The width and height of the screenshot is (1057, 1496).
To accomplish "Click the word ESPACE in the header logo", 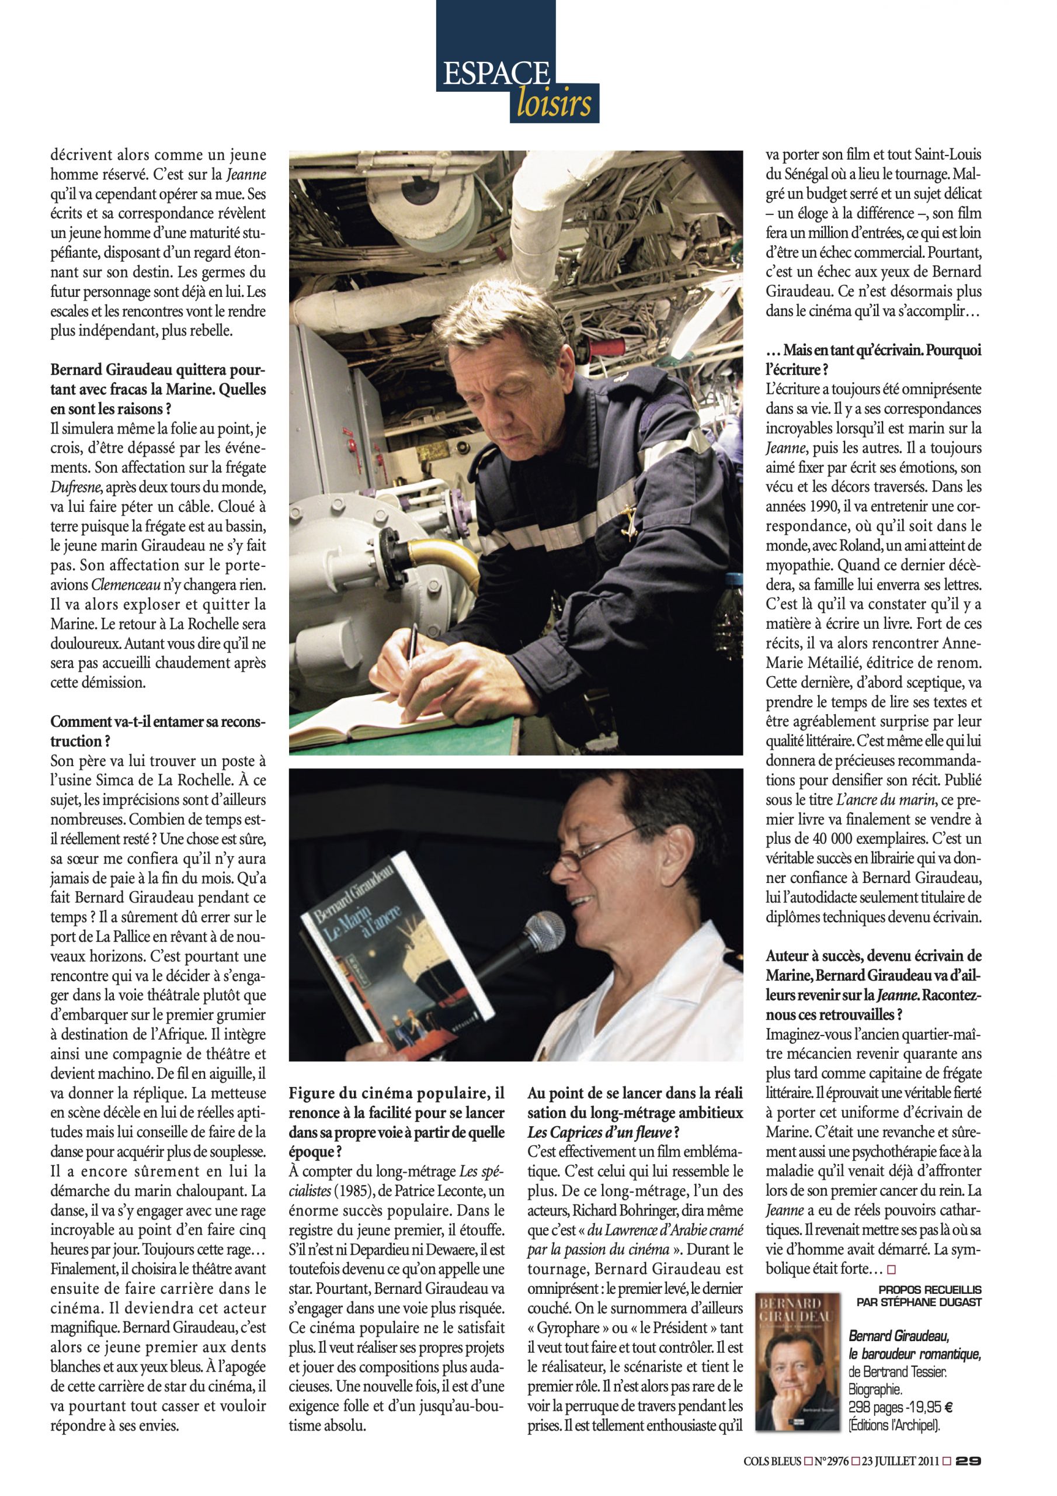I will coord(496,74).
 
